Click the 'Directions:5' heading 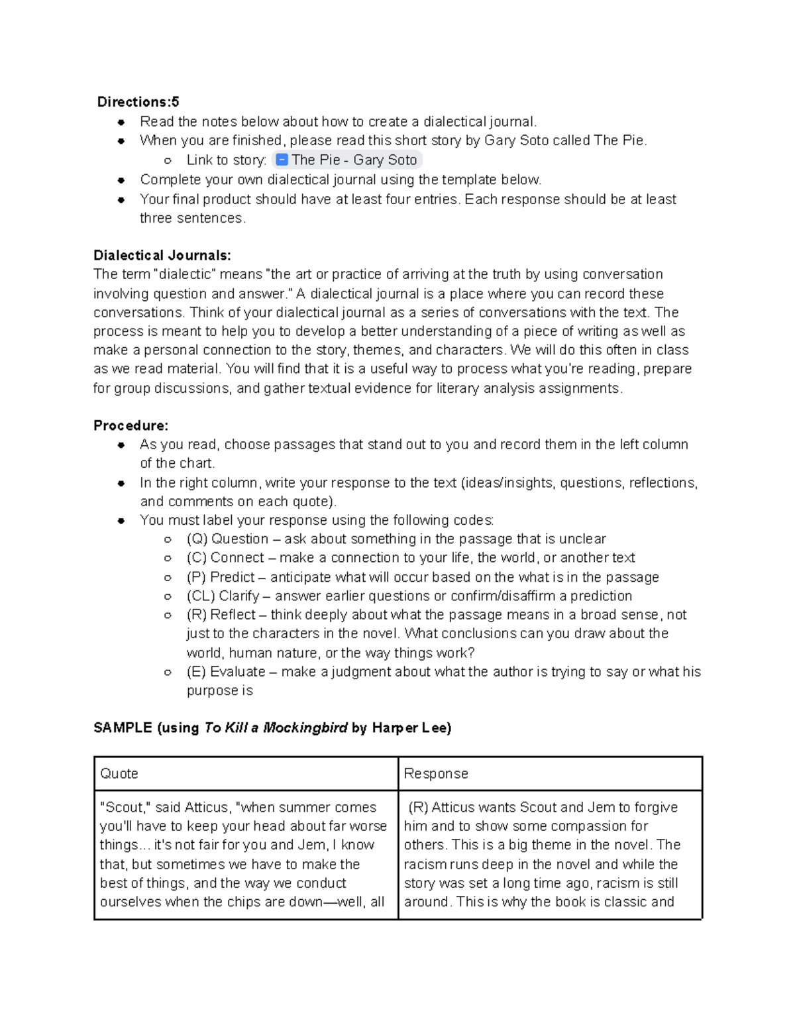[x=138, y=102]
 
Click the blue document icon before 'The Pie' [x=282, y=160]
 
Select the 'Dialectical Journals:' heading [x=162, y=256]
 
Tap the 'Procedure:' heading [x=131, y=425]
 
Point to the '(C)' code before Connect [x=197, y=558]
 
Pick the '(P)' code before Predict [x=197, y=577]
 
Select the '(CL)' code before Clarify [x=201, y=596]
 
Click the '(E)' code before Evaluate [x=196, y=672]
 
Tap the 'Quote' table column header [x=119, y=774]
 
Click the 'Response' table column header [x=436, y=774]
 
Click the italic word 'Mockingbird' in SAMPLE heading [x=305, y=728]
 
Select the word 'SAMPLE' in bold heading [x=123, y=728]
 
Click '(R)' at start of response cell [x=418, y=808]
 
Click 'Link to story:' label [x=227, y=160]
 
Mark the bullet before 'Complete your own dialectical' [x=121, y=180]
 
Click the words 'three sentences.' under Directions [x=192, y=219]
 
